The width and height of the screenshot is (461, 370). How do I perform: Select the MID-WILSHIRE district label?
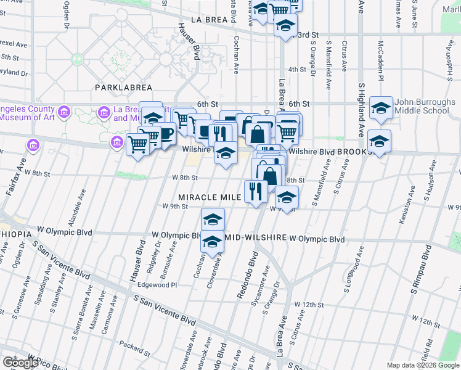point(255,237)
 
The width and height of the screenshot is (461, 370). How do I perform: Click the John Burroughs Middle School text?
point(425,106)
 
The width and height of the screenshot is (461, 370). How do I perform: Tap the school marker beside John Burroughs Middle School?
point(381,109)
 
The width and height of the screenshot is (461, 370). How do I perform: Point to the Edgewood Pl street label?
point(157,285)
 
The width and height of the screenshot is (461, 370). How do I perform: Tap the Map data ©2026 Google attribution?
point(423,365)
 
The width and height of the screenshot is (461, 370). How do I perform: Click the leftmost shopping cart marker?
point(138,145)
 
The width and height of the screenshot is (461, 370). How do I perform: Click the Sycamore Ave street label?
point(266,281)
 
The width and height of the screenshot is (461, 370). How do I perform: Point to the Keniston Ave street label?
point(409,193)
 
